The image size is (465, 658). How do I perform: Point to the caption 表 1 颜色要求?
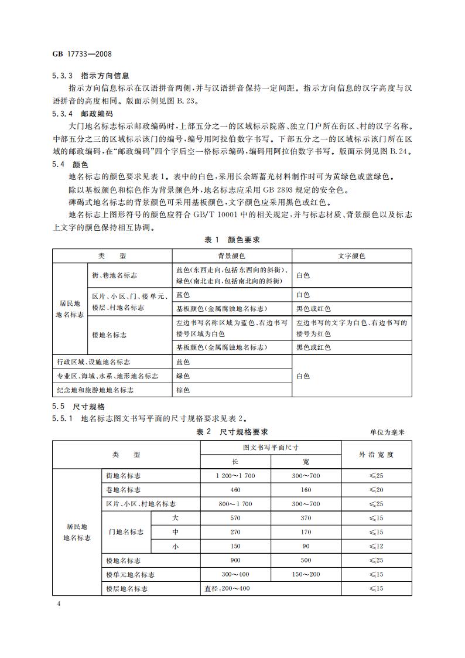pos(232,240)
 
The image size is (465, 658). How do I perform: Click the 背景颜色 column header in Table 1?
pos(231,256)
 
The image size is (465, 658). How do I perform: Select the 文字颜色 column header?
pos(351,256)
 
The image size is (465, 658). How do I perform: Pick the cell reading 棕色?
pos(183,390)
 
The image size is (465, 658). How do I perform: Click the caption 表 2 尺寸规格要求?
pos(232,432)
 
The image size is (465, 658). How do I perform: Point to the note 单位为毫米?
pos(387,432)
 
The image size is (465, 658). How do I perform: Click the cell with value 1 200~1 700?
pos(235,476)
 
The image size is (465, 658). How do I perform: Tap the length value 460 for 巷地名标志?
pos(235,490)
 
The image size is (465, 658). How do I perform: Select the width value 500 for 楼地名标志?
pos(306,560)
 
